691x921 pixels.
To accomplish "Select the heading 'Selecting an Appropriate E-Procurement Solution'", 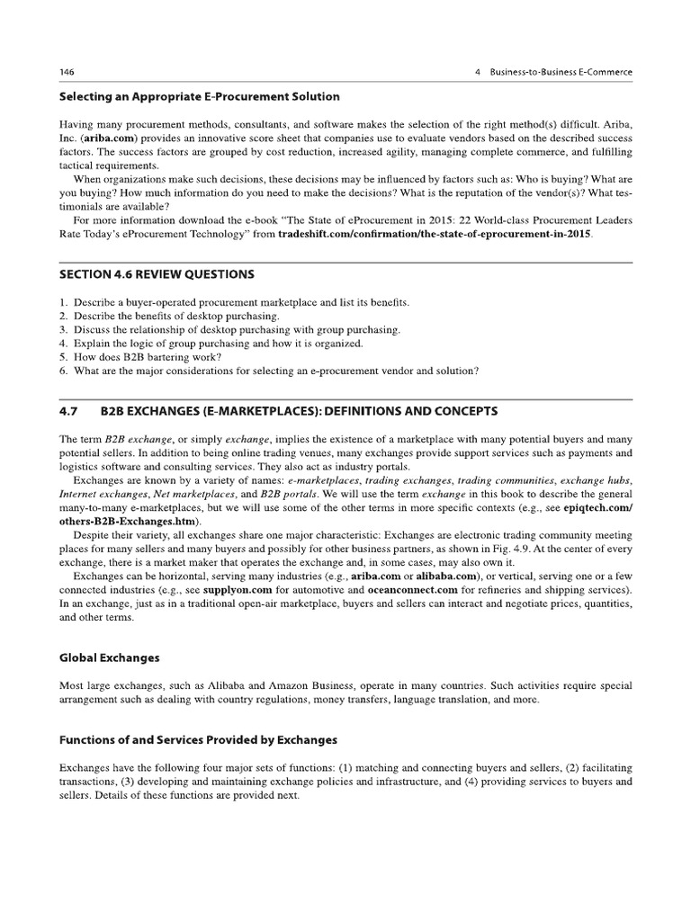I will [x=199, y=96].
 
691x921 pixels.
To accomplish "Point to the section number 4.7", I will [x=68, y=411].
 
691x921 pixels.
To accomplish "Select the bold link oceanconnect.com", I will [x=417, y=590].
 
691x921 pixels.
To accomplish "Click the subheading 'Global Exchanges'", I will [x=109, y=657].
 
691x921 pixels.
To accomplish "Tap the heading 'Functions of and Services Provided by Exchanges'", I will [x=198, y=740].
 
